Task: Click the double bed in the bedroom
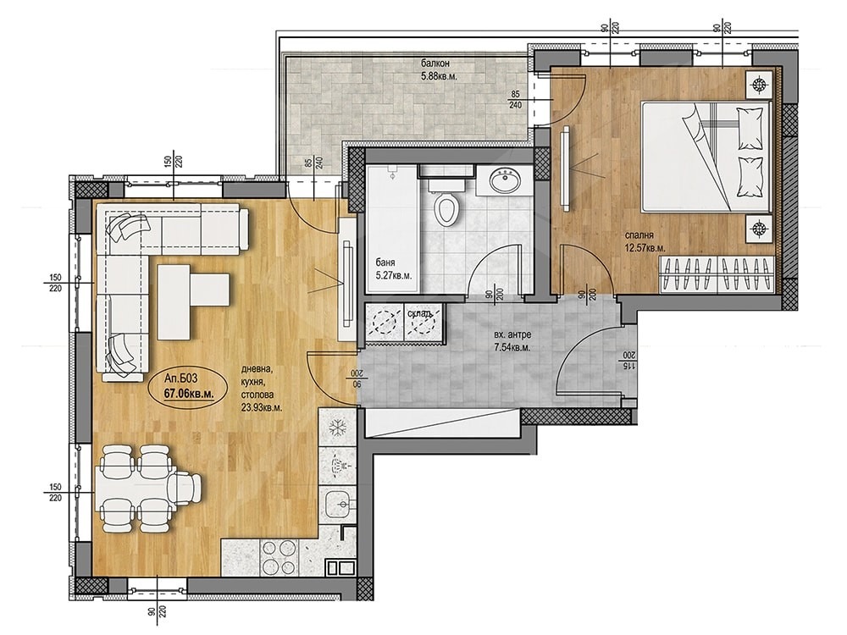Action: coord(705,157)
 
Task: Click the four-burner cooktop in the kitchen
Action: coord(278,557)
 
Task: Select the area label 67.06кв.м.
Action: coord(189,394)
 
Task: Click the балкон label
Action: coord(435,63)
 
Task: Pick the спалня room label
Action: coord(639,235)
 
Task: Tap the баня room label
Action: coord(385,263)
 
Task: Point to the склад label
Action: coord(419,314)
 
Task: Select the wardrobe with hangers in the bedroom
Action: coord(717,273)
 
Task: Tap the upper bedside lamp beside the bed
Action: coord(760,84)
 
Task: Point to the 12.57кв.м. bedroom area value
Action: coord(645,248)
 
